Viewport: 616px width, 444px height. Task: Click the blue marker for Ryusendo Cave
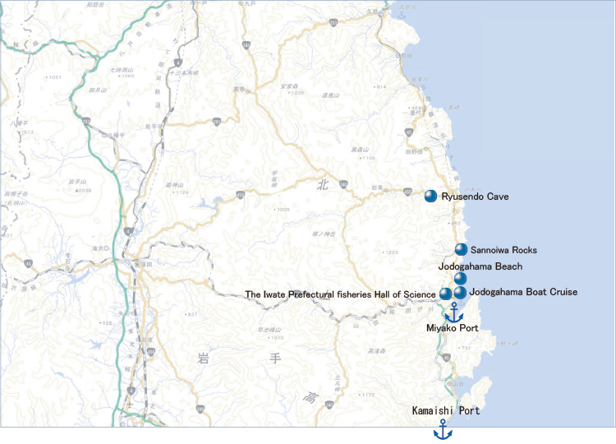pyautogui.click(x=430, y=196)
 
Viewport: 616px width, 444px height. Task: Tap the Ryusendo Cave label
pyautogui.click(x=475, y=197)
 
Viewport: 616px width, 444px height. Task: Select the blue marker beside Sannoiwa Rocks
pyautogui.click(x=461, y=249)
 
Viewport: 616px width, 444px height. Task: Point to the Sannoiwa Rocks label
pyautogui.click(x=503, y=249)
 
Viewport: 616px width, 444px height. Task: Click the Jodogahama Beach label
pyautogui.click(x=480, y=266)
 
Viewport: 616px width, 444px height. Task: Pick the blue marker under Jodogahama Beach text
pyautogui.click(x=460, y=279)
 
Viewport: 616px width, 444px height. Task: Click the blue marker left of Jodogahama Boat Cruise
pyautogui.click(x=460, y=292)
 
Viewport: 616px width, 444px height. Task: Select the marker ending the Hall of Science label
pyautogui.click(x=445, y=294)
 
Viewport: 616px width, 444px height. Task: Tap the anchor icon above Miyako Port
pyautogui.click(x=453, y=312)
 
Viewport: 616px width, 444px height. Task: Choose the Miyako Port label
pyautogui.click(x=452, y=329)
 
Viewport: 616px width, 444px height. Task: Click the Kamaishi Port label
pyautogui.click(x=446, y=409)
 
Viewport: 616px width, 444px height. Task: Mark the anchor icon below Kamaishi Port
pyautogui.click(x=443, y=429)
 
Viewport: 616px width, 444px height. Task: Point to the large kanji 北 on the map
pyautogui.click(x=321, y=187)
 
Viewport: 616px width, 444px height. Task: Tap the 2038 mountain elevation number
pyautogui.click(x=84, y=190)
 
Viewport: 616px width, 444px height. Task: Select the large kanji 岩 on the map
pyautogui.click(x=204, y=358)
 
